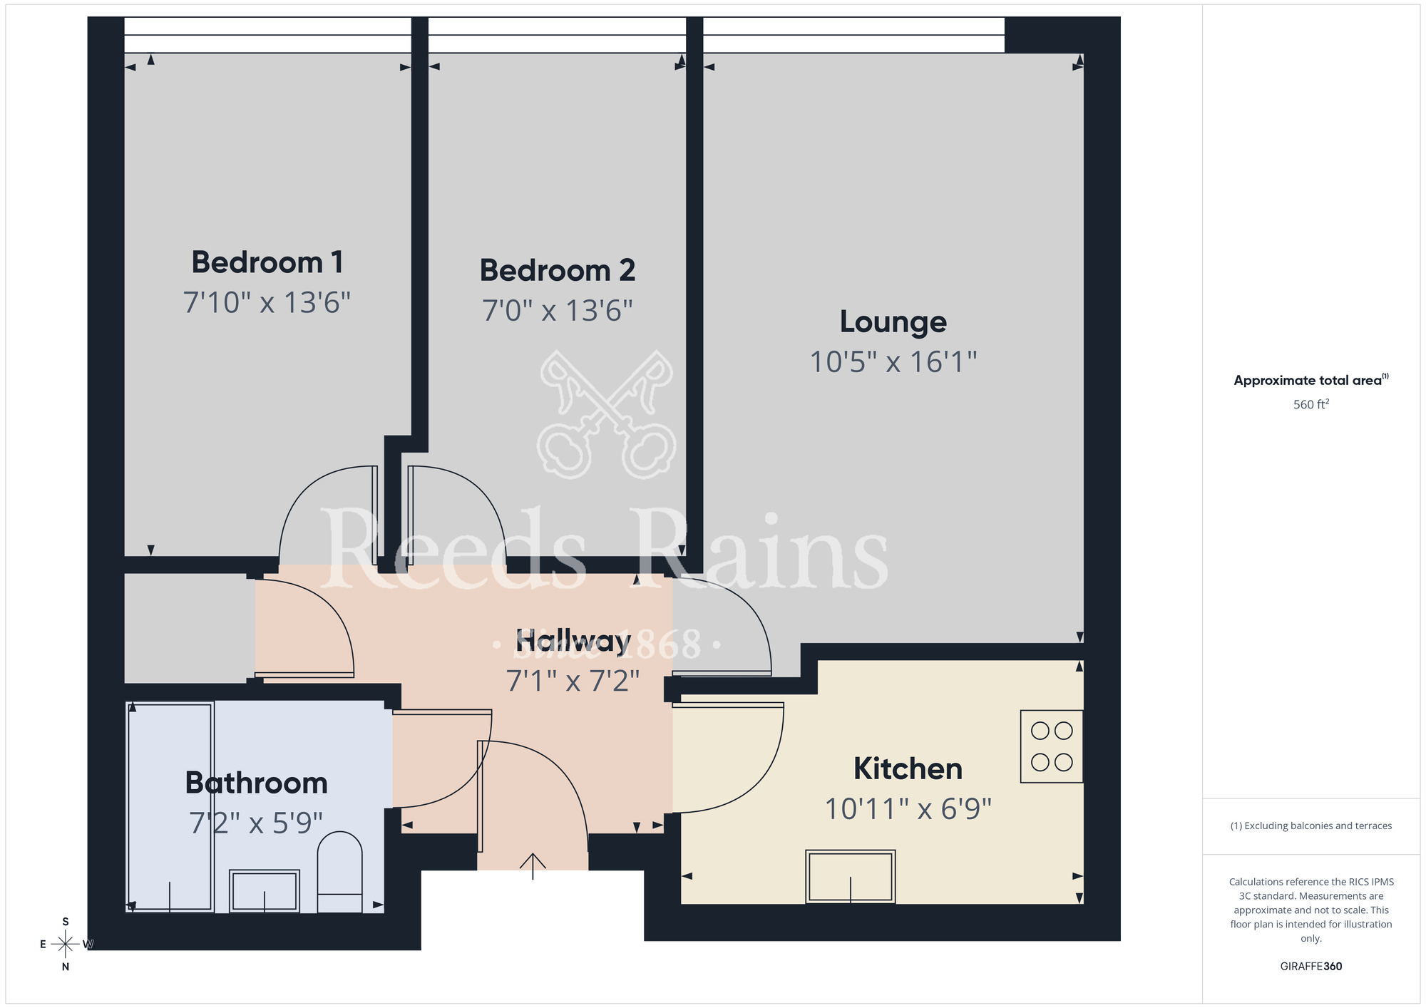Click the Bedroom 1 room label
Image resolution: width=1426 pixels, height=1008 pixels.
click(267, 262)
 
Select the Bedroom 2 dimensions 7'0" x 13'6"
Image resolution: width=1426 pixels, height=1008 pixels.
click(558, 311)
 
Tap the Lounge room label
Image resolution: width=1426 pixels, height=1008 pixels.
click(893, 322)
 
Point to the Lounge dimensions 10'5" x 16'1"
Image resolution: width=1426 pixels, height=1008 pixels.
click(893, 362)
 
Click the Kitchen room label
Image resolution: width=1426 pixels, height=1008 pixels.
click(908, 769)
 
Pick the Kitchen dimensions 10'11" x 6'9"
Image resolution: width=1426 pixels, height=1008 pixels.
click(908, 809)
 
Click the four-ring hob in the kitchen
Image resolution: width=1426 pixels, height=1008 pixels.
click(1052, 746)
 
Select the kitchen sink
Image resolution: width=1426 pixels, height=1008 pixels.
click(850, 876)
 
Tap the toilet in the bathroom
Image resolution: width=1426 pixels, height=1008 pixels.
click(339, 872)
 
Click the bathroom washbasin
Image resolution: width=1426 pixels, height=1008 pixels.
click(265, 890)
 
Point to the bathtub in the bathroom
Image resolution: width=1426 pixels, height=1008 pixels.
click(170, 807)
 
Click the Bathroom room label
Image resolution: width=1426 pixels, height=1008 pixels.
click(257, 783)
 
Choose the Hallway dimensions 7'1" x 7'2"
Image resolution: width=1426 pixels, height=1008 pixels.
click(573, 682)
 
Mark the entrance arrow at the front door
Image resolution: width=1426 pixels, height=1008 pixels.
click(533, 865)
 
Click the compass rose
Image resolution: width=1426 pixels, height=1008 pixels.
click(66, 945)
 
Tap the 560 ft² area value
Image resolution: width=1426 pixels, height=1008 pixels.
click(1310, 405)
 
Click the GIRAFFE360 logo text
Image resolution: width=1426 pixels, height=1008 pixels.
click(1310, 967)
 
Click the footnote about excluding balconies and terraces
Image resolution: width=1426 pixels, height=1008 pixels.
click(1310, 826)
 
